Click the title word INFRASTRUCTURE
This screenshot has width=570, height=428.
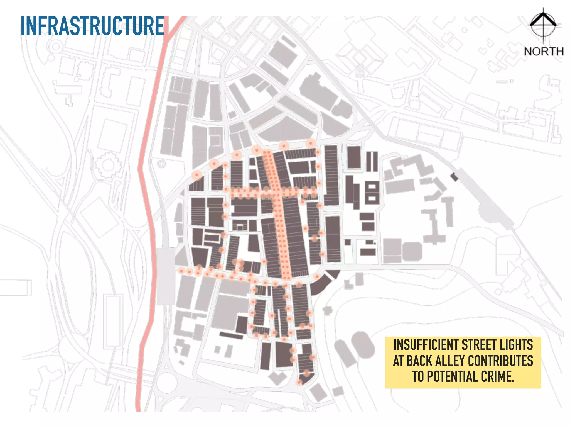tap(92, 26)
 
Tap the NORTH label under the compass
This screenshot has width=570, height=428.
tap(544, 52)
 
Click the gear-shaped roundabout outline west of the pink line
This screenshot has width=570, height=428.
tap(107, 165)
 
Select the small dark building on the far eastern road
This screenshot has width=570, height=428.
tap(454, 177)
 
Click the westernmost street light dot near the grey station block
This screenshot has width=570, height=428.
tap(181, 271)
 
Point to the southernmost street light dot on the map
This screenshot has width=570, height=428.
tap(299, 382)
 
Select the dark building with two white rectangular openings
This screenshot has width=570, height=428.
tap(372, 192)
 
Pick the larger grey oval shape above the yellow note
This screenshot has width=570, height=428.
tap(363, 344)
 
